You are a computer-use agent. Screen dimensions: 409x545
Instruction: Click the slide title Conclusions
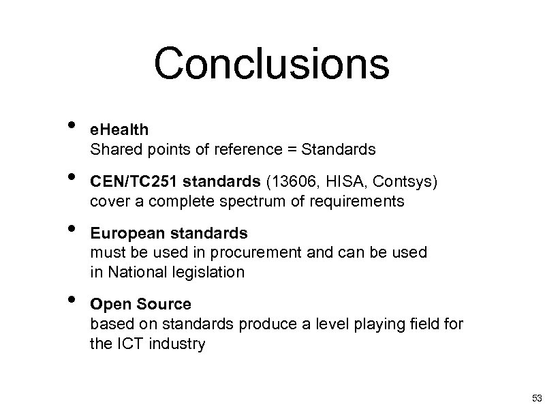[x=271, y=65]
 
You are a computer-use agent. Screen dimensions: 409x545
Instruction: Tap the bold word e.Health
[x=119, y=129]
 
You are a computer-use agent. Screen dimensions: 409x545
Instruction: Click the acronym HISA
[x=341, y=182]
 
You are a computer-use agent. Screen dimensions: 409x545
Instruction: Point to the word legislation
[x=211, y=273]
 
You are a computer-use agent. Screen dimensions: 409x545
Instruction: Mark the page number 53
[x=535, y=398]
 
